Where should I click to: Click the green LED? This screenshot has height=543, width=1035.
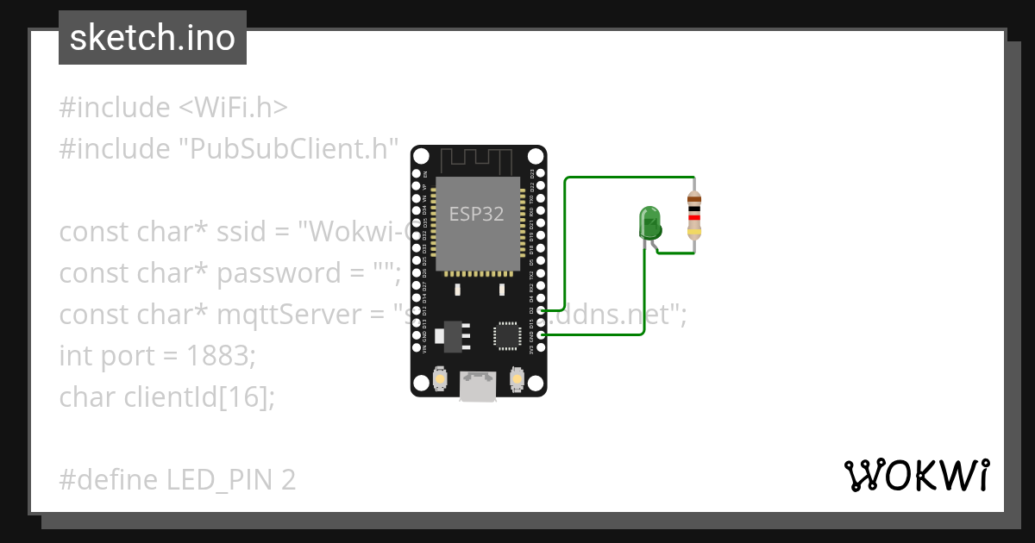pos(649,223)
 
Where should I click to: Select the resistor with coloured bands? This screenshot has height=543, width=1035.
pos(693,215)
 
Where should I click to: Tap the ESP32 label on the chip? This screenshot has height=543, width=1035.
pos(476,214)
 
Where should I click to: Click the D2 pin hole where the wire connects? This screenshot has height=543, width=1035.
pos(540,310)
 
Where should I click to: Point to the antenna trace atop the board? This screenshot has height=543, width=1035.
pos(478,159)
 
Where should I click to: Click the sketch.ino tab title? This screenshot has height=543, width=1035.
pos(153,38)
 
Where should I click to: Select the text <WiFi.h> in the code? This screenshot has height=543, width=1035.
pos(233,108)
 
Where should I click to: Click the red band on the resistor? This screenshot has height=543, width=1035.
pos(693,218)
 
